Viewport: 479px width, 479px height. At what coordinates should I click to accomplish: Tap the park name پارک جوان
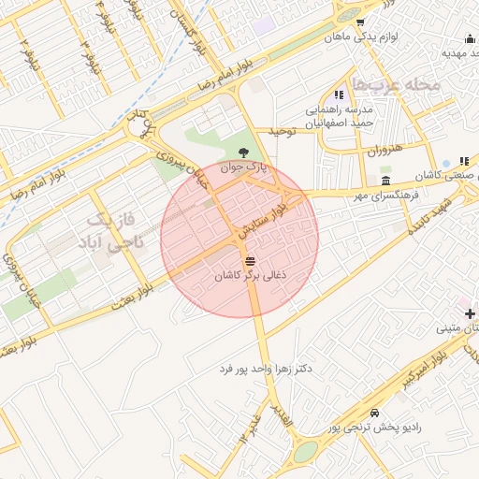244,169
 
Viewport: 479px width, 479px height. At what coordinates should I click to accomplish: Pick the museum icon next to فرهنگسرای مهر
385,181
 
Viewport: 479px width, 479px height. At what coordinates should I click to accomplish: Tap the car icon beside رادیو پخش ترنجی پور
375,413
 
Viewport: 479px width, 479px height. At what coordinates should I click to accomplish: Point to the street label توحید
283,131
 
